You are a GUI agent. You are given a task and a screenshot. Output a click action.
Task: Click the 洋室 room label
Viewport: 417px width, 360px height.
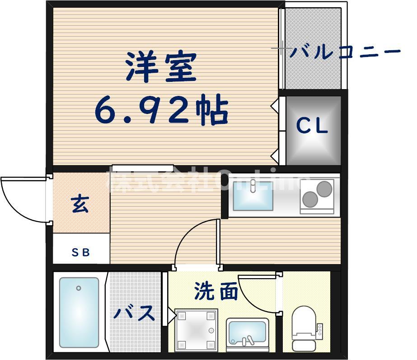click(162, 67)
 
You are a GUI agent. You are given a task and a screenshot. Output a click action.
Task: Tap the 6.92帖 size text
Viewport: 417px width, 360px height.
click(162, 110)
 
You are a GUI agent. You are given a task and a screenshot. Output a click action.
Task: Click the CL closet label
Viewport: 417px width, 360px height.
click(312, 127)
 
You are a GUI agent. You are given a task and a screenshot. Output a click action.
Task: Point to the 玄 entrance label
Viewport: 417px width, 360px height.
click(80, 205)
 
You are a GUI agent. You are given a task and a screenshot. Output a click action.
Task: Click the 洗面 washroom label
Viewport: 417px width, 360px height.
click(216, 292)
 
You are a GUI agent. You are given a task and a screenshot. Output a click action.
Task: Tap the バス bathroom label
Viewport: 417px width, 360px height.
click(134, 313)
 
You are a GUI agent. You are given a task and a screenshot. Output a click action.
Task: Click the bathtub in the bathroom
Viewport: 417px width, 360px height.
click(79, 312)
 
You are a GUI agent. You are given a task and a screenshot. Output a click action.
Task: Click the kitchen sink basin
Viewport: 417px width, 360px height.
click(253, 195)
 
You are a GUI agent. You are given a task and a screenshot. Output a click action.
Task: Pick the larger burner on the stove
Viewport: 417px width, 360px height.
click(310, 199)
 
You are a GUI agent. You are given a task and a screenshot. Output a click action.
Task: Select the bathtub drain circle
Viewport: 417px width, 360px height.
click(79, 288)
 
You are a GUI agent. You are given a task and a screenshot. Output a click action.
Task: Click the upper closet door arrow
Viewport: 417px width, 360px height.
click(274, 106)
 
